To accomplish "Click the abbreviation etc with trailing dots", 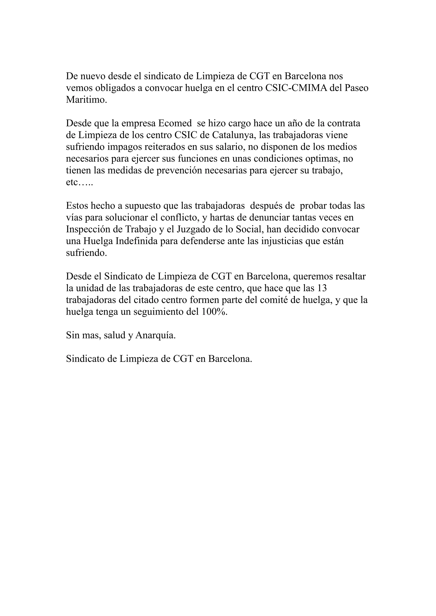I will pyautogui.click(x=79, y=182).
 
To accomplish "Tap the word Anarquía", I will pyautogui.click(x=155, y=335).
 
